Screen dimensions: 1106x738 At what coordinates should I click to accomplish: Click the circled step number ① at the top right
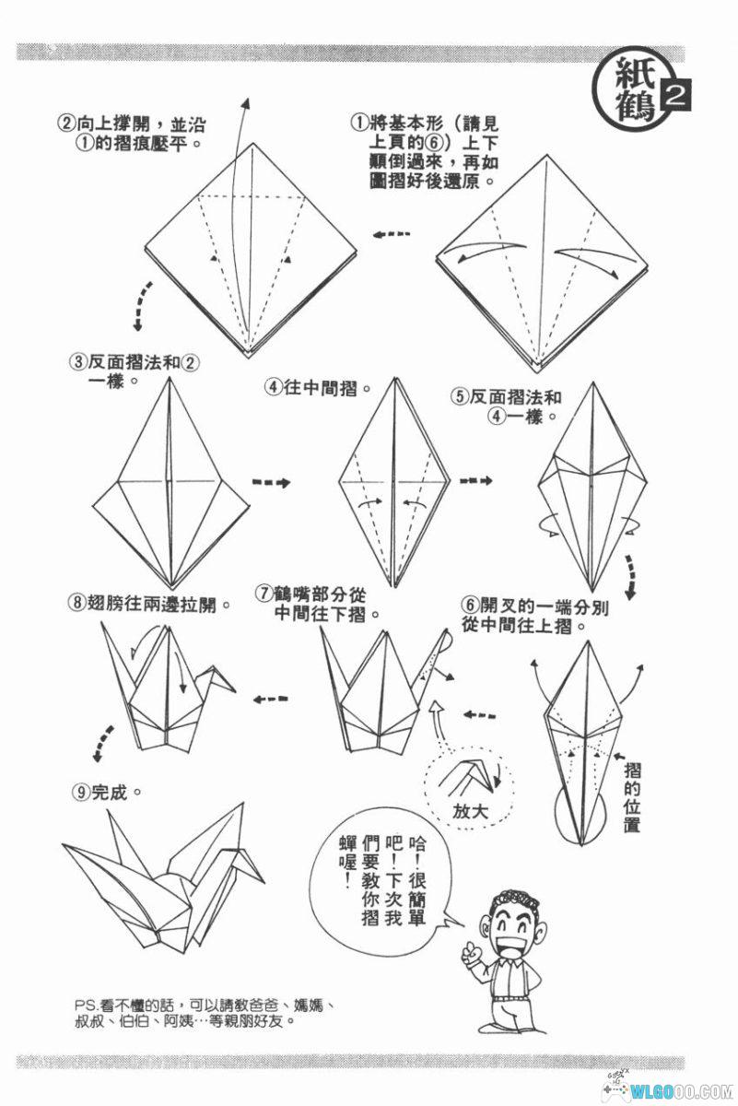[359, 122]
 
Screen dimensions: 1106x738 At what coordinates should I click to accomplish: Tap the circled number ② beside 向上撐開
[66, 123]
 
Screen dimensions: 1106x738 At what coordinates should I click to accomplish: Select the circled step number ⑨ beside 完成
[81, 791]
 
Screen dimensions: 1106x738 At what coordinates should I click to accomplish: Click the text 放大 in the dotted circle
[472, 812]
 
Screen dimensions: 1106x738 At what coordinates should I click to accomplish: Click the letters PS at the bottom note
[84, 1004]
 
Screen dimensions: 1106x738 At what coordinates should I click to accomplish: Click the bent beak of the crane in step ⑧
[226, 681]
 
